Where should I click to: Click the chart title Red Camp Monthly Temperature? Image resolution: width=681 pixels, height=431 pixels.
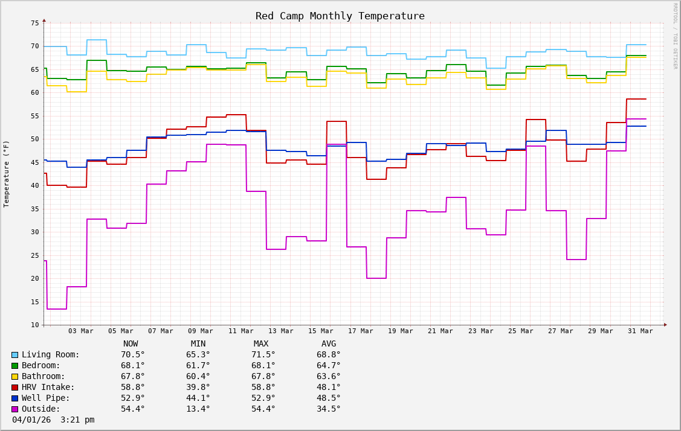click(x=340, y=16)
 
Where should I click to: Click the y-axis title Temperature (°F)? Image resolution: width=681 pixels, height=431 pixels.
click(x=7, y=174)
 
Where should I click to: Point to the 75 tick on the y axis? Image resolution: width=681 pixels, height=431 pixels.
click(x=34, y=23)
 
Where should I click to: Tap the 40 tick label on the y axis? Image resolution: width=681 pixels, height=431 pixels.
click(x=34, y=185)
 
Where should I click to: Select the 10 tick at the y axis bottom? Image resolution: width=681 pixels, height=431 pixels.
click(x=34, y=325)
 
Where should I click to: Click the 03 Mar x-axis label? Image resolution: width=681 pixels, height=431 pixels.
click(x=80, y=331)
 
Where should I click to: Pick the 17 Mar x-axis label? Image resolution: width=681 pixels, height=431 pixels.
click(x=360, y=331)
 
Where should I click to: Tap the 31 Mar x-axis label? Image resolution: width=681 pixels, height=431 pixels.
click(x=640, y=331)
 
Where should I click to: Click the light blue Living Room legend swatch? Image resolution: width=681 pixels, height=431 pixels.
click(x=15, y=355)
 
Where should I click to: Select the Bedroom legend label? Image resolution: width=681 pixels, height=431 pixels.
click(x=41, y=365)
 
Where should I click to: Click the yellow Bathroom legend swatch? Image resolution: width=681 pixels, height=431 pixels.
click(x=15, y=377)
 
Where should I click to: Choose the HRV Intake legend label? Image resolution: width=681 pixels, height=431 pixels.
click(x=48, y=387)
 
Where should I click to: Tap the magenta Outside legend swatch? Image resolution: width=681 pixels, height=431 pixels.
click(x=15, y=409)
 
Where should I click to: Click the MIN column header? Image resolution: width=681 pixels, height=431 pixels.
click(x=198, y=343)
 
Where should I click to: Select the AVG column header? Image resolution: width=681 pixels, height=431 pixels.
click(x=329, y=343)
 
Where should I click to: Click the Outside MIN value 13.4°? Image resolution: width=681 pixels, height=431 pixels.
click(x=198, y=409)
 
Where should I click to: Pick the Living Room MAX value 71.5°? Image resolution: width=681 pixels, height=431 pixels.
click(x=263, y=354)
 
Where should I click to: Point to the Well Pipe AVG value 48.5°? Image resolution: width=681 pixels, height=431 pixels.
click(x=329, y=398)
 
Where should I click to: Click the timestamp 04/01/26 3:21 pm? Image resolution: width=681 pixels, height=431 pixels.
click(x=53, y=420)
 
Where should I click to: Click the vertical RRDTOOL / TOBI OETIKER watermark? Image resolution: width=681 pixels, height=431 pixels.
click(x=675, y=36)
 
